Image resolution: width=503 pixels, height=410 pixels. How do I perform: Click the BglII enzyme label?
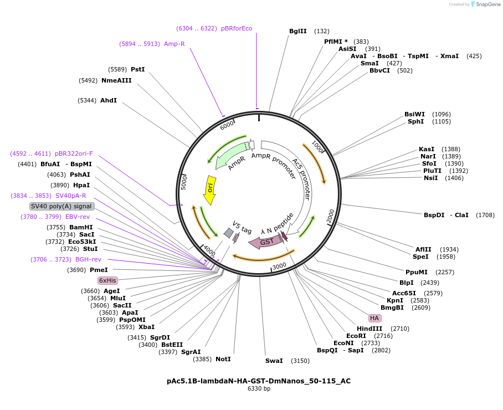[x=297, y=31]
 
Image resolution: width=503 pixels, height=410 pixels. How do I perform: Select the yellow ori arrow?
[x=210, y=190]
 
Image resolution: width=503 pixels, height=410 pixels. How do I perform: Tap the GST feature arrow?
[x=265, y=242]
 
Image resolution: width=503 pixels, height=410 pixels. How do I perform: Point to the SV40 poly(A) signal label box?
[x=61, y=206]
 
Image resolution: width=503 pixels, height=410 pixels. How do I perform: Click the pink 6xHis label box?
[x=107, y=280]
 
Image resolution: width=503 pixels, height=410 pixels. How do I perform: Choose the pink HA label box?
[x=374, y=318]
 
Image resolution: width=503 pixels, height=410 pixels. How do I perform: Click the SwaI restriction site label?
[x=274, y=361]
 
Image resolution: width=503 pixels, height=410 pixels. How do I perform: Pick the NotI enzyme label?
[x=223, y=359]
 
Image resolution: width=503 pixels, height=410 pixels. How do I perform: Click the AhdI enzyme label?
[x=109, y=100]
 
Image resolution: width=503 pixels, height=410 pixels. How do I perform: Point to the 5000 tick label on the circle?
[x=184, y=182]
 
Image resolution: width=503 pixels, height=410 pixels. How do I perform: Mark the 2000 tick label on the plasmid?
[x=331, y=217]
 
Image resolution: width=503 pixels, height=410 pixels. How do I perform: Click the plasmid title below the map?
[x=259, y=381]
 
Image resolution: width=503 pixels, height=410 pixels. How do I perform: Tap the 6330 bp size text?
[x=259, y=389]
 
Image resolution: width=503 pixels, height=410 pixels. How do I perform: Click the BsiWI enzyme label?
[x=414, y=114]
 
